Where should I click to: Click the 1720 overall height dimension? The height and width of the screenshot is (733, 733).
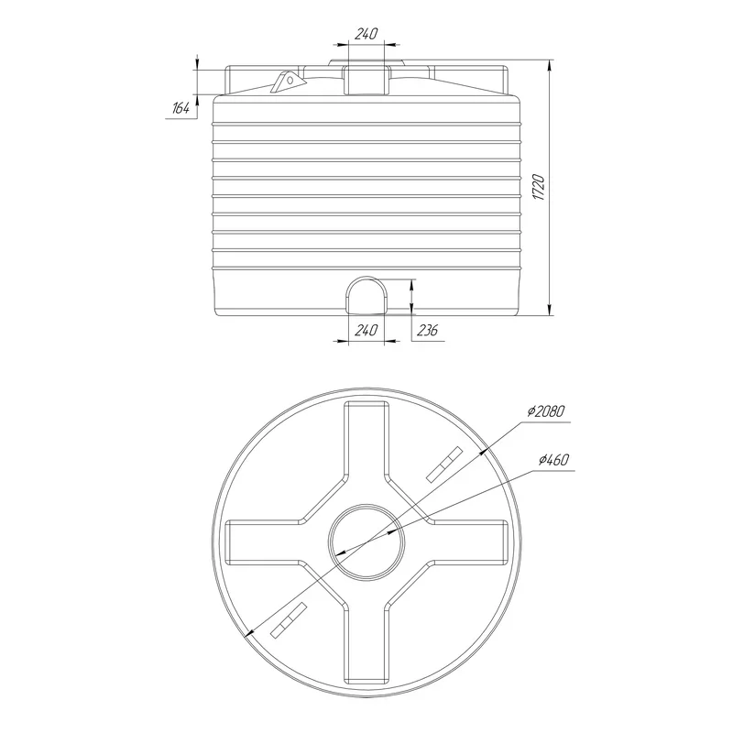pos(539,188)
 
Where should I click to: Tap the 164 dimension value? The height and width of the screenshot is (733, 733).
pos(181,108)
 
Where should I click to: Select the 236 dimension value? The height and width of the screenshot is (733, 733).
pos(427,331)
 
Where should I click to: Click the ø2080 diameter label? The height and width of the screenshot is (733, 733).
pos(546,411)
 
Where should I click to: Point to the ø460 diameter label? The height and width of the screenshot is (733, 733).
pos(553,460)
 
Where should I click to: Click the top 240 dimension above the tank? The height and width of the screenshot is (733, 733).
pos(366,34)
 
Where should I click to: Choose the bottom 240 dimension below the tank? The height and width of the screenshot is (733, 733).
pos(366,331)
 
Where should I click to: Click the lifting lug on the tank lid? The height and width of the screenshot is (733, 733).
pos(289,82)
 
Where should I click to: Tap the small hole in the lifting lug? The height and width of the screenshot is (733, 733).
pos(290,81)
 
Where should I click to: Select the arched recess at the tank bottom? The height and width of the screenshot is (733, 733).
pos(366,294)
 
